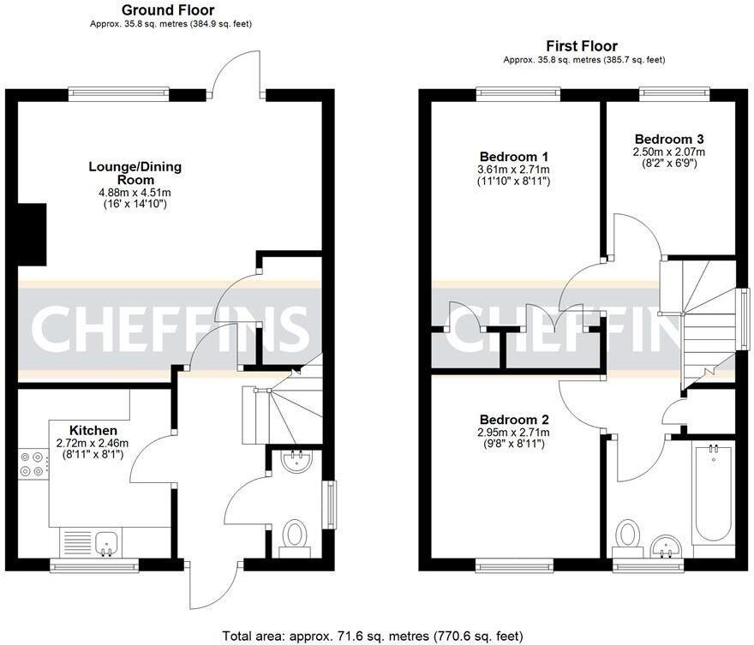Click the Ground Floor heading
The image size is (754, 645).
(167, 10)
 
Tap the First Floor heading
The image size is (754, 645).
(582, 46)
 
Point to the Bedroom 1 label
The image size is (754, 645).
(514, 157)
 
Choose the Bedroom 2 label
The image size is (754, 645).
(514, 420)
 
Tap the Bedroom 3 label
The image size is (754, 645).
(669, 139)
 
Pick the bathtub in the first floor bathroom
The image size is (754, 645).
(712, 493)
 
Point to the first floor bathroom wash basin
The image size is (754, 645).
(666, 545)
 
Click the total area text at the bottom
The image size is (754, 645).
(372, 636)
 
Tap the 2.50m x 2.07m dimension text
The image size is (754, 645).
(669, 152)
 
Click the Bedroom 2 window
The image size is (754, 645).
(514, 564)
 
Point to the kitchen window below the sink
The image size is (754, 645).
(94, 564)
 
